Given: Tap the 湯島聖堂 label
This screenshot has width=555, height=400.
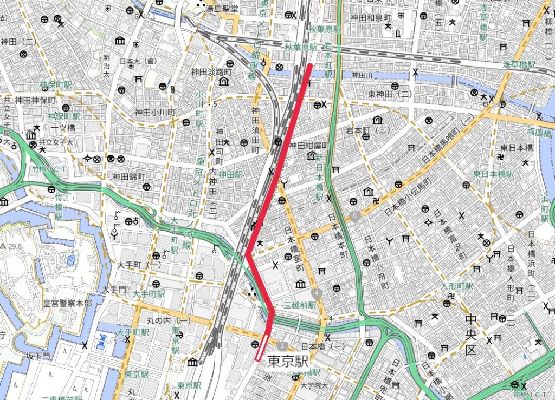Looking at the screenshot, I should tap(221, 9).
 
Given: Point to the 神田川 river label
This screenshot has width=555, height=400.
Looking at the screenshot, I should tap(364, 75).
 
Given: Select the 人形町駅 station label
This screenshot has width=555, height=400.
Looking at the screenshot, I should tap(457, 286).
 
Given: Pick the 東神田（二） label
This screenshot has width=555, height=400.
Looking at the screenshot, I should tap(391, 94).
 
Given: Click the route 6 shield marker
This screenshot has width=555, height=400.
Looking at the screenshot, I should tap(356, 217).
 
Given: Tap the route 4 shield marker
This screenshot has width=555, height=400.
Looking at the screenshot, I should tap(317, 293).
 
